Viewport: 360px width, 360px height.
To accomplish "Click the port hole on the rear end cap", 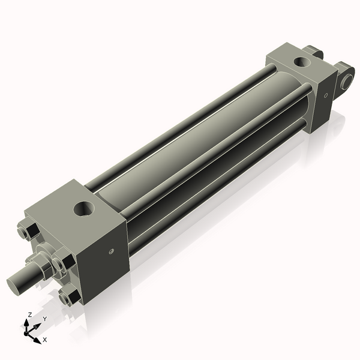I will coord(299,61).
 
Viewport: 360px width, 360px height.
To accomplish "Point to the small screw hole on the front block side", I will coord(111,251).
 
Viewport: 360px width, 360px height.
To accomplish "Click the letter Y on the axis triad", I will coord(44,319).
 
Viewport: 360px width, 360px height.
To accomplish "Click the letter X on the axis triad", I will coord(45,340).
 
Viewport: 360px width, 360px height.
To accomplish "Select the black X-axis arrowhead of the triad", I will coord(37,337).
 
